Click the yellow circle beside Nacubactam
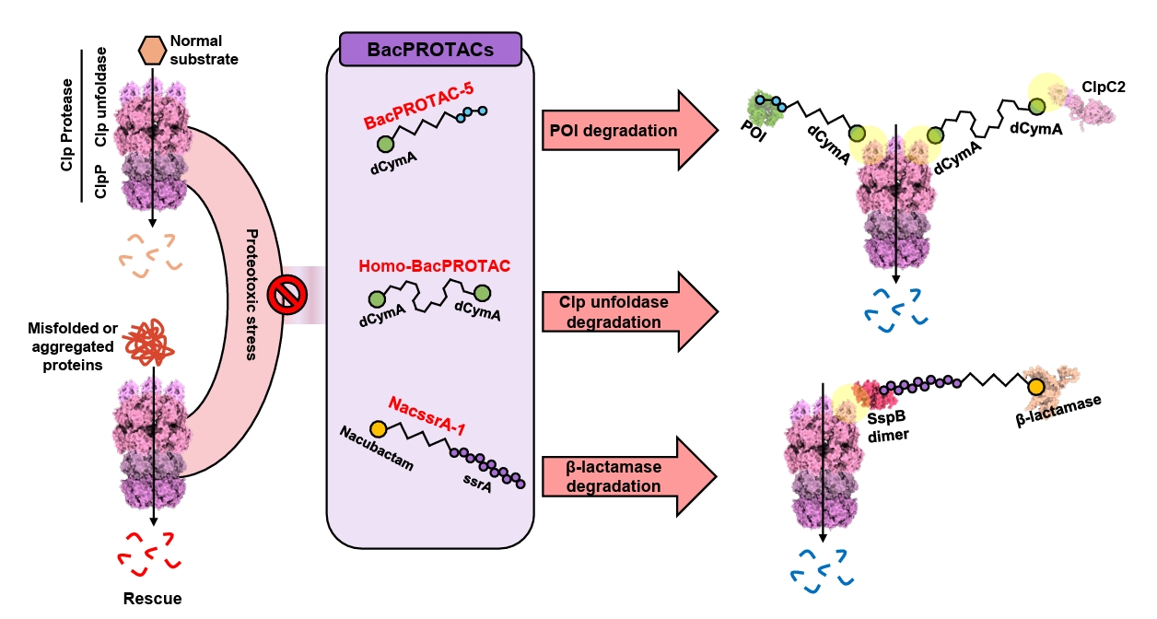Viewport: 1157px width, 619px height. [x=378, y=429]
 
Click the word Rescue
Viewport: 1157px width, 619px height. [x=152, y=599]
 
